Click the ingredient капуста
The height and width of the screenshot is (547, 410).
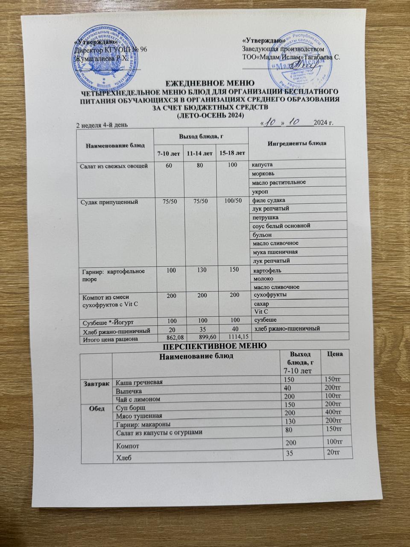(x=263, y=165)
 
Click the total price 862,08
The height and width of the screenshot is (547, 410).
(x=167, y=338)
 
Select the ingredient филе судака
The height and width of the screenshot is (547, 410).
(x=269, y=200)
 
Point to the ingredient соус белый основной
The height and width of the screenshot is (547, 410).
(x=281, y=225)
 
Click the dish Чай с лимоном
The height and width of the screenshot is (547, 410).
(x=139, y=399)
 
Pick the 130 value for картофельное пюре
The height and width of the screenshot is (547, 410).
(x=199, y=270)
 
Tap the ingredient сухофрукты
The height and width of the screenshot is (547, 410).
(x=270, y=295)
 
